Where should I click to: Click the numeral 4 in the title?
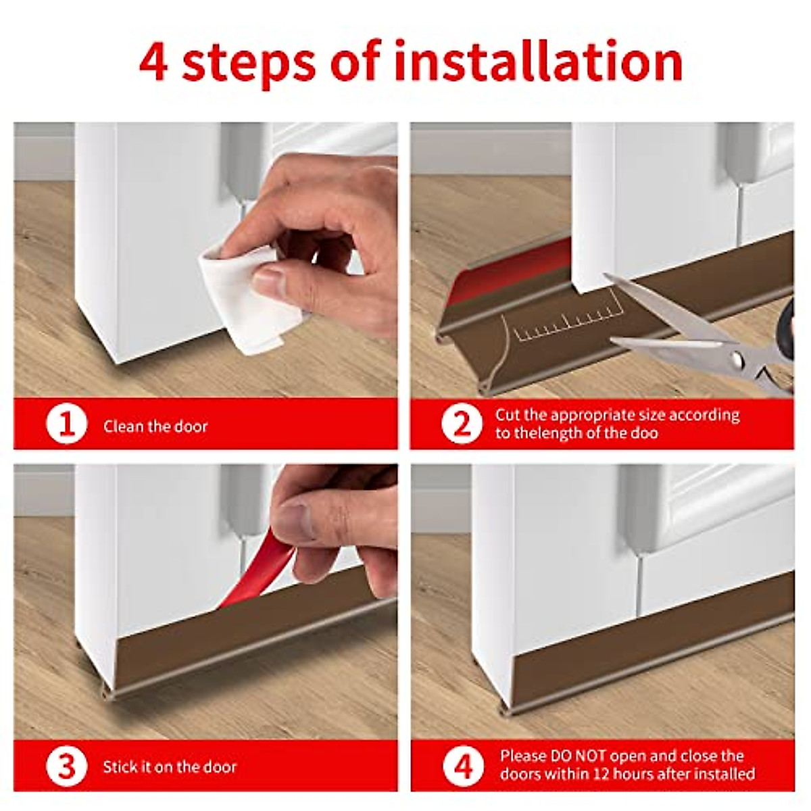[x=153, y=62]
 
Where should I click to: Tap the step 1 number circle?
[x=66, y=423]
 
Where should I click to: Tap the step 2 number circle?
[x=462, y=423]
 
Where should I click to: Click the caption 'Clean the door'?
[x=155, y=426]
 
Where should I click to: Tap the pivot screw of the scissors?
[x=737, y=359]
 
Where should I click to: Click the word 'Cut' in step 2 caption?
[x=508, y=415]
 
